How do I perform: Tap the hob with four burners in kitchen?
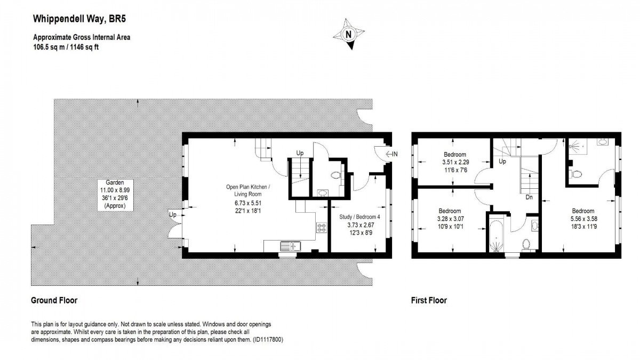tap(322, 228)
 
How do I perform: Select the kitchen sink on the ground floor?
tap(291, 246)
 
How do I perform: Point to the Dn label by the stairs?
tap(529, 197)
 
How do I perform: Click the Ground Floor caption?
tap(54, 300)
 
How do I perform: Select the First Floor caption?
tap(429, 300)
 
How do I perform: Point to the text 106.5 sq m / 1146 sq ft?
tap(66, 47)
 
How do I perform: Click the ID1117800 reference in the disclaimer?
tap(267, 339)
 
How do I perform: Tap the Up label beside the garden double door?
tap(173, 214)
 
